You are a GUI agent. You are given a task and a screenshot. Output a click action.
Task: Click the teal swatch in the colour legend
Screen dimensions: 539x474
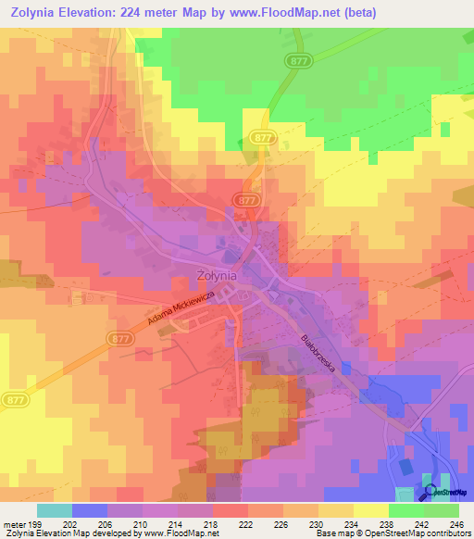54,510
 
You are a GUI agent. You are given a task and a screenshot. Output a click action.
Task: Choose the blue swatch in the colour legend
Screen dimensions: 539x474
89,510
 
